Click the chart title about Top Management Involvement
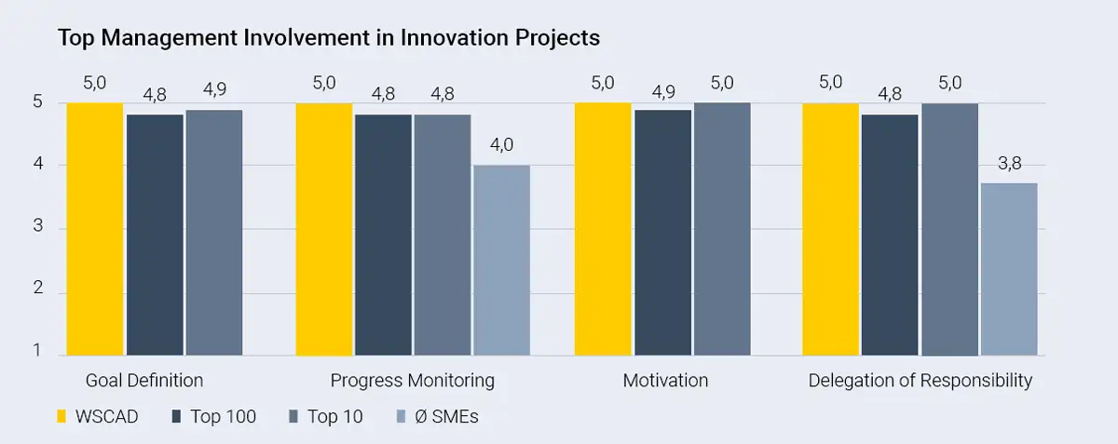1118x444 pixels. (x=329, y=38)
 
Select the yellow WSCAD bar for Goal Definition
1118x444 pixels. (x=95, y=229)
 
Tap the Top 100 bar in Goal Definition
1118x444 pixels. (x=155, y=235)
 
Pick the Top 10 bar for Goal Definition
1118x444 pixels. (x=213, y=233)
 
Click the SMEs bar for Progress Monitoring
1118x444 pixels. (x=501, y=261)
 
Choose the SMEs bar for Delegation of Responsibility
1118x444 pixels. (x=1009, y=269)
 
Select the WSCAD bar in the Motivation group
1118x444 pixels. (x=603, y=229)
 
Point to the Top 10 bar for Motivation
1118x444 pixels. (x=722, y=229)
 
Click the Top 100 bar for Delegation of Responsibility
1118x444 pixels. (x=890, y=235)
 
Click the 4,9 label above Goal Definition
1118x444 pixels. (x=213, y=90)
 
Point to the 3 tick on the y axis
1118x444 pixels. (x=38, y=228)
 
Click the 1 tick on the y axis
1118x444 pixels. (x=38, y=351)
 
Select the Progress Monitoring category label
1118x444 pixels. (x=412, y=381)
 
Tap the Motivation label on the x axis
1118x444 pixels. (x=665, y=381)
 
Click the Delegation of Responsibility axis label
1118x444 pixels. (x=920, y=381)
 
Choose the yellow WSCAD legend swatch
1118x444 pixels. (x=62, y=416)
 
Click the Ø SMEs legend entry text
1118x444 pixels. (x=445, y=416)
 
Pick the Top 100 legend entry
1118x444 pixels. (x=223, y=416)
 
